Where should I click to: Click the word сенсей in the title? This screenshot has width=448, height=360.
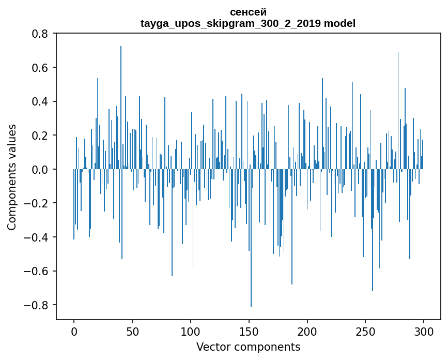pos(248,12)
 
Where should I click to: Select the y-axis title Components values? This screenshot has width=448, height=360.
pos(12,177)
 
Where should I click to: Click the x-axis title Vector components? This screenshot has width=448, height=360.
pos(248,347)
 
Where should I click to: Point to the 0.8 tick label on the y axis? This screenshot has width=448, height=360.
pos(39,34)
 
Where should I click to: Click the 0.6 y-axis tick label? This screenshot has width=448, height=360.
pos(39,68)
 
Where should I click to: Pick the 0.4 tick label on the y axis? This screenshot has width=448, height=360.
pos(39,101)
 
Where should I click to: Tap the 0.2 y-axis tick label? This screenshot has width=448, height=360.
pos(39,136)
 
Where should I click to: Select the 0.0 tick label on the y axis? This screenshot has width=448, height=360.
pos(39,169)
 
